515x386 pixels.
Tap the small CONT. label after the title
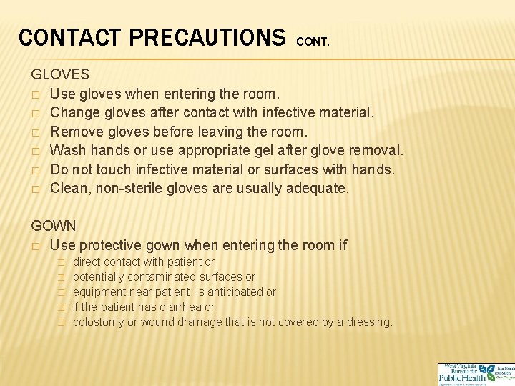[313, 42]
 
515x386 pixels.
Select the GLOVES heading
[60, 74]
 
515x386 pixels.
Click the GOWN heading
[53, 226]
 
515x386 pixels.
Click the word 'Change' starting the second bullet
[74, 113]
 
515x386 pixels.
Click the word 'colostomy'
[99, 322]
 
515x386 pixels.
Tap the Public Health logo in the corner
[474, 374]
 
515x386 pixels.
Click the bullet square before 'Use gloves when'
[35, 94]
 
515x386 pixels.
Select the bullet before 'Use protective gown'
[35, 246]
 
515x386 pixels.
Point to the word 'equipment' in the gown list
[99, 292]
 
